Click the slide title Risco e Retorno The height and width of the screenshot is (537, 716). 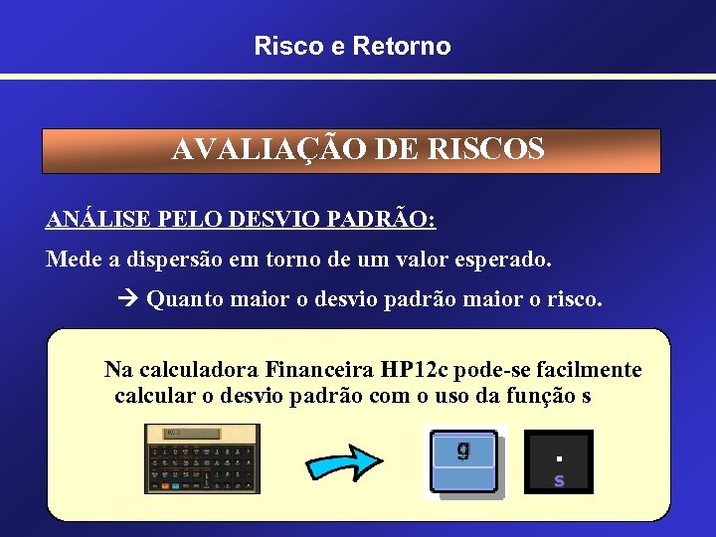click(x=352, y=46)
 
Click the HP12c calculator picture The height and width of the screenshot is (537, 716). click(x=202, y=458)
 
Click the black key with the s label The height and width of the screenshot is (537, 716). click(x=558, y=462)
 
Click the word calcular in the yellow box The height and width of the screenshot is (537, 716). click(x=154, y=395)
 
